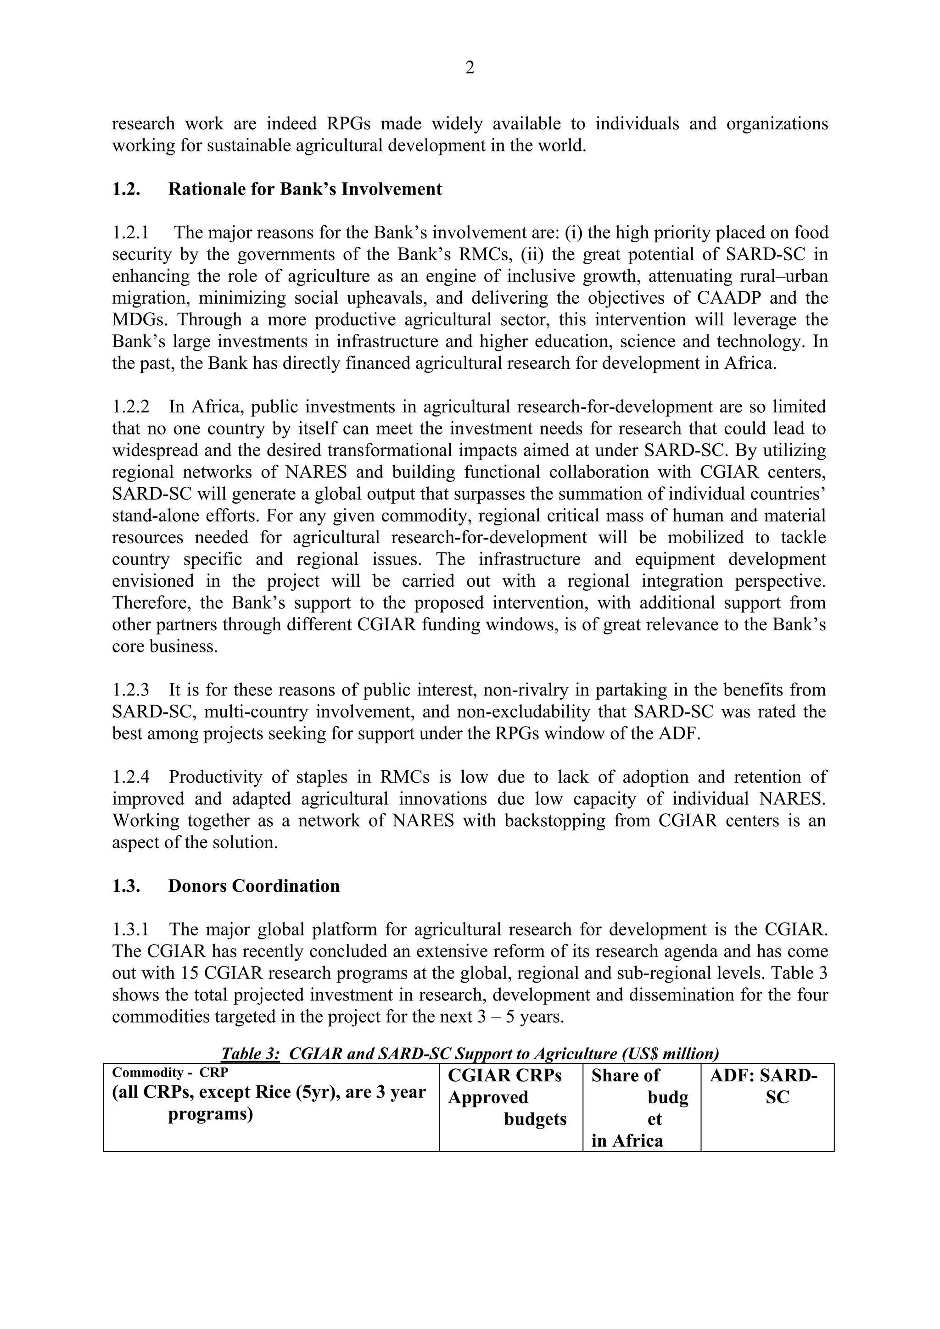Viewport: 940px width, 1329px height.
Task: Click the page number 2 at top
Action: (x=470, y=68)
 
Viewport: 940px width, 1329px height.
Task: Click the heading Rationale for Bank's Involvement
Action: (x=305, y=189)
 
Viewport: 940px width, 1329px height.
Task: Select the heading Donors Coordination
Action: (x=254, y=886)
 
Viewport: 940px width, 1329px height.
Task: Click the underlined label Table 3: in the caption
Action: (x=250, y=1053)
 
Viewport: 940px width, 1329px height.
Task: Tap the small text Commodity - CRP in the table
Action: (x=170, y=1073)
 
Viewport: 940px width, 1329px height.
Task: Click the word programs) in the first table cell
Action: (x=210, y=1114)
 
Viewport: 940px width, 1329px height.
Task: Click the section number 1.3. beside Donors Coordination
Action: (x=126, y=886)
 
